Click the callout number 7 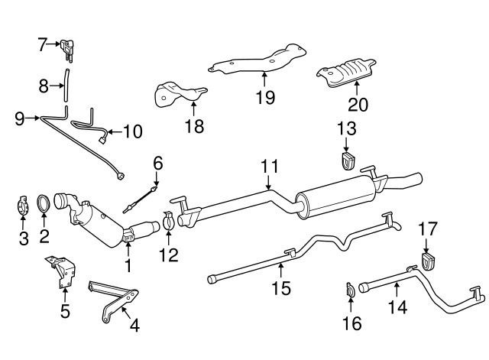(x=42, y=44)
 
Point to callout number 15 (x=282, y=288)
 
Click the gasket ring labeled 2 (x=44, y=204)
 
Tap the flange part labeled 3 (x=23, y=208)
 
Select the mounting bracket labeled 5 (x=63, y=271)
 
